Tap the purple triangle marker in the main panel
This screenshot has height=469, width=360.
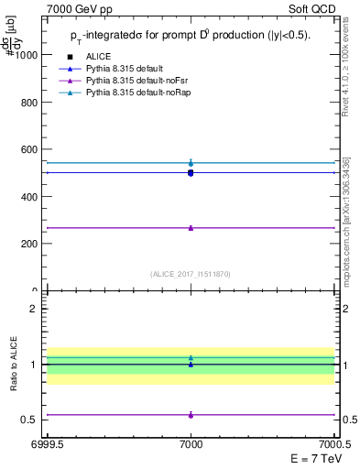191,227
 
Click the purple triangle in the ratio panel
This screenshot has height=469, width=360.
191,415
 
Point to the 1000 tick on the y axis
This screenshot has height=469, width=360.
27,54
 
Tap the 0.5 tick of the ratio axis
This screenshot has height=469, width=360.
30,420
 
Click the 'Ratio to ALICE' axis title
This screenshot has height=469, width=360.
14,364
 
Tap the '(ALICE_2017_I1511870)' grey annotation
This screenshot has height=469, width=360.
191,274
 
